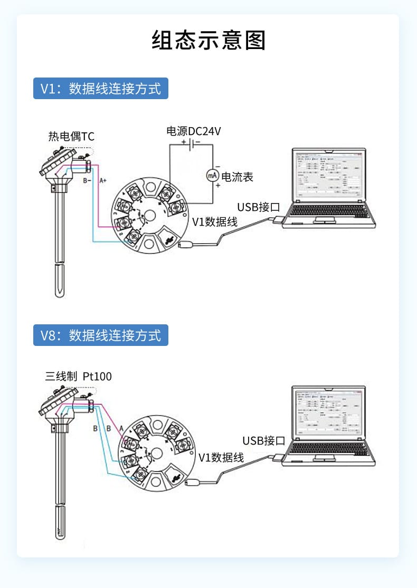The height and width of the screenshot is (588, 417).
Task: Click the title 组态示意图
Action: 209,41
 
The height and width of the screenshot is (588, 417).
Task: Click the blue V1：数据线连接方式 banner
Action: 101,88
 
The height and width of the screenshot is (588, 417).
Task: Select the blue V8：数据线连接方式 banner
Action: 101,335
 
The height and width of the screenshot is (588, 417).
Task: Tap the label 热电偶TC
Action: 72,137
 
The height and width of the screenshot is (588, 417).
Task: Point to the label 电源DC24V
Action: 193,131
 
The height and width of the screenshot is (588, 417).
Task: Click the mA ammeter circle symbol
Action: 212,175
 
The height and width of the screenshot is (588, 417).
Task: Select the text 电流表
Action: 237,177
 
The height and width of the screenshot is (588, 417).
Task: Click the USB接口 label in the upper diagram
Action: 258,207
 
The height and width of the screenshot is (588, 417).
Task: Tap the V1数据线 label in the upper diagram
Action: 214,222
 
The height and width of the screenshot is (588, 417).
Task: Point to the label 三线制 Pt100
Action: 79,377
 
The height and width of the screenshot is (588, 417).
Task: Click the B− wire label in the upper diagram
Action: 87,180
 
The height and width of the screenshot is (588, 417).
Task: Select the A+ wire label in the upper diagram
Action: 103,180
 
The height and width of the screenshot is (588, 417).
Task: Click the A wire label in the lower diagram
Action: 121,428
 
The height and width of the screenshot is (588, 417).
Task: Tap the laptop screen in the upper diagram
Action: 328,178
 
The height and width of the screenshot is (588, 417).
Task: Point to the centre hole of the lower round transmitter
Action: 157,452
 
